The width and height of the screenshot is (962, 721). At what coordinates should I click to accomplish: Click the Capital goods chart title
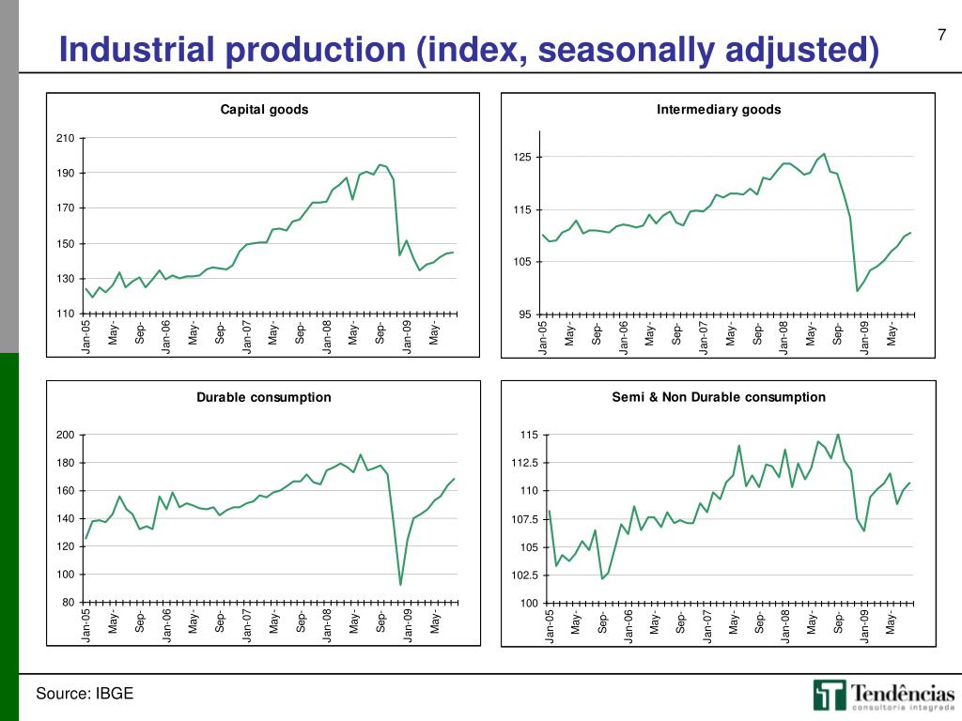click(264, 110)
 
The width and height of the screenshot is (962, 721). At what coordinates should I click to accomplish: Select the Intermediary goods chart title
click(719, 110)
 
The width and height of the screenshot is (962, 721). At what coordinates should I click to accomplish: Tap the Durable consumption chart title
click(264, 397)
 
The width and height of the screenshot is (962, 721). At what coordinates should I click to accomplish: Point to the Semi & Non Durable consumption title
click(719, 397)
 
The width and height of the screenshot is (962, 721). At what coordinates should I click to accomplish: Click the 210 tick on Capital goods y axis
click(65, 139)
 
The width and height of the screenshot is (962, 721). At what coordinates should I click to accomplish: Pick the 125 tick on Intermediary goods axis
click(522, 157)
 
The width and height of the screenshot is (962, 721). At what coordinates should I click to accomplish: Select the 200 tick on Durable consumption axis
click(65, 435)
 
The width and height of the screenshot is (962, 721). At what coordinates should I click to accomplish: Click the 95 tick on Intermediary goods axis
click(526, 314)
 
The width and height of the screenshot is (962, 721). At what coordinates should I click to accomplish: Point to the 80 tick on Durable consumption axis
click(68, 603)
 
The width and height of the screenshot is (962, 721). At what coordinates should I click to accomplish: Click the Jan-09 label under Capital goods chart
click(408, 337)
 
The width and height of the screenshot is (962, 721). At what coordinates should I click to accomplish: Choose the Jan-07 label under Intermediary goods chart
click(704, 339)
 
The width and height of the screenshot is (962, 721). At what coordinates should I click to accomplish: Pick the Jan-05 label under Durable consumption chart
click(86, 626)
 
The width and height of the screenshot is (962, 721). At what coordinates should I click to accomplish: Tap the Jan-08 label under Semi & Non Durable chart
click(784, 626)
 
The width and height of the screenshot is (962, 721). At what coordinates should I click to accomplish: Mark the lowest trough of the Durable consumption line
click(401, 585)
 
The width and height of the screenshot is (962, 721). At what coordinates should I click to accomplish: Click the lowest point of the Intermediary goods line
click(858, 291)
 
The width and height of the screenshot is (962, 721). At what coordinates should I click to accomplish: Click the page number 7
click(941, 37)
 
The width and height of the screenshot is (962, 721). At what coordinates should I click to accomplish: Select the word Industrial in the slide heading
click(132, 50)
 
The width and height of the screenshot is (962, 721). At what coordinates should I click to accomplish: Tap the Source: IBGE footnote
click(85, 694)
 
